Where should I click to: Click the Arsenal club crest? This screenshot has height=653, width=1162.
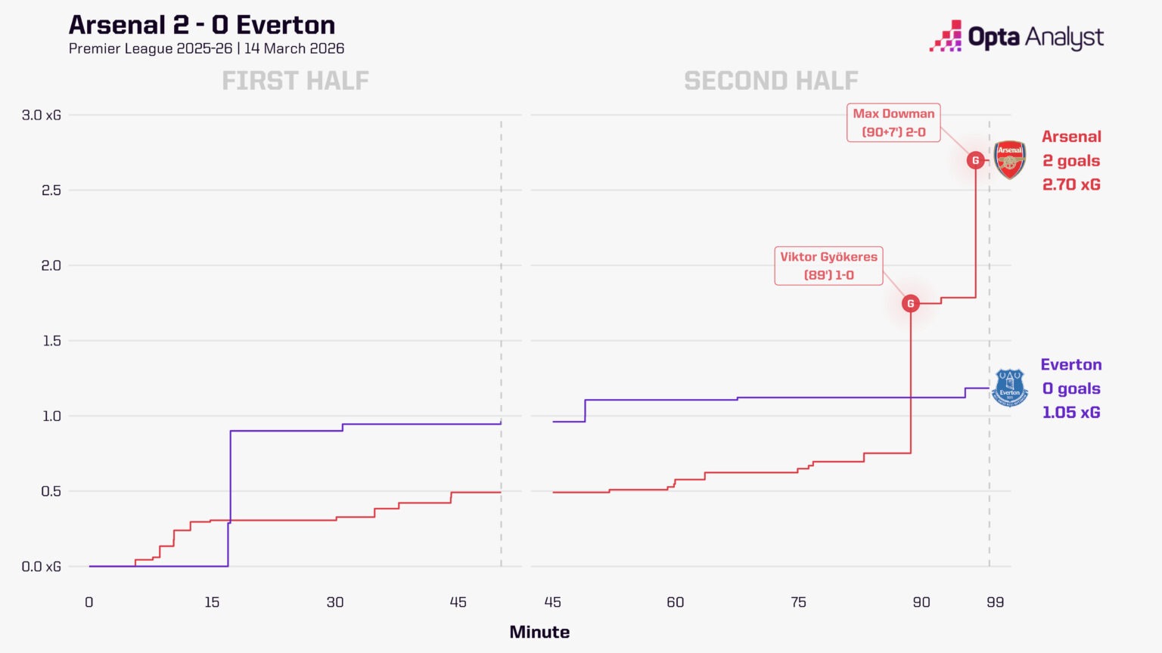1009,159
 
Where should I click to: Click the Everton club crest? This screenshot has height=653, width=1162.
1009,388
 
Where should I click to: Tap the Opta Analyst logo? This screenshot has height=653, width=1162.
1016,36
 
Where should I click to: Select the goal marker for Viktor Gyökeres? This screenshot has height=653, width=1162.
911,303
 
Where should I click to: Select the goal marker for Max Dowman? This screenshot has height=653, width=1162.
975,160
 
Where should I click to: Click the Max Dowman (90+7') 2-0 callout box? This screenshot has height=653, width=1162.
893,122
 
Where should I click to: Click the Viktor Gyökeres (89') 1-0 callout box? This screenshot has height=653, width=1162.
828,266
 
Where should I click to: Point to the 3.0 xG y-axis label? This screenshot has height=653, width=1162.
42,115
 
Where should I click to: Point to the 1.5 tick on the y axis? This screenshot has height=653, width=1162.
51,341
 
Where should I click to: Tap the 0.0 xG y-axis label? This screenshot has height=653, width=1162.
42,566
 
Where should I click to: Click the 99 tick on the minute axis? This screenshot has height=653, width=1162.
995,602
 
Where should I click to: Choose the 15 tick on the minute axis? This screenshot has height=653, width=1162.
212,602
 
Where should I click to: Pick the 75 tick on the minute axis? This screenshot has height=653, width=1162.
798,602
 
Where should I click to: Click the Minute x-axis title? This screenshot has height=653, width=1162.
539,632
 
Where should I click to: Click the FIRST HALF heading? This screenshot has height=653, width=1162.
295,80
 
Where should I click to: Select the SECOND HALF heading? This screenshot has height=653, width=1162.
771,80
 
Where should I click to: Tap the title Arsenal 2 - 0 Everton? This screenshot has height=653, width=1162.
202,25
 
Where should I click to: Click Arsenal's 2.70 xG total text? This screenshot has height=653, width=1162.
1071,184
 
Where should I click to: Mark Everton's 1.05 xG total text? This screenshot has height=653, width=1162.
1071,413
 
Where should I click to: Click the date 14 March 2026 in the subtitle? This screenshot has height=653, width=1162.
294,48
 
